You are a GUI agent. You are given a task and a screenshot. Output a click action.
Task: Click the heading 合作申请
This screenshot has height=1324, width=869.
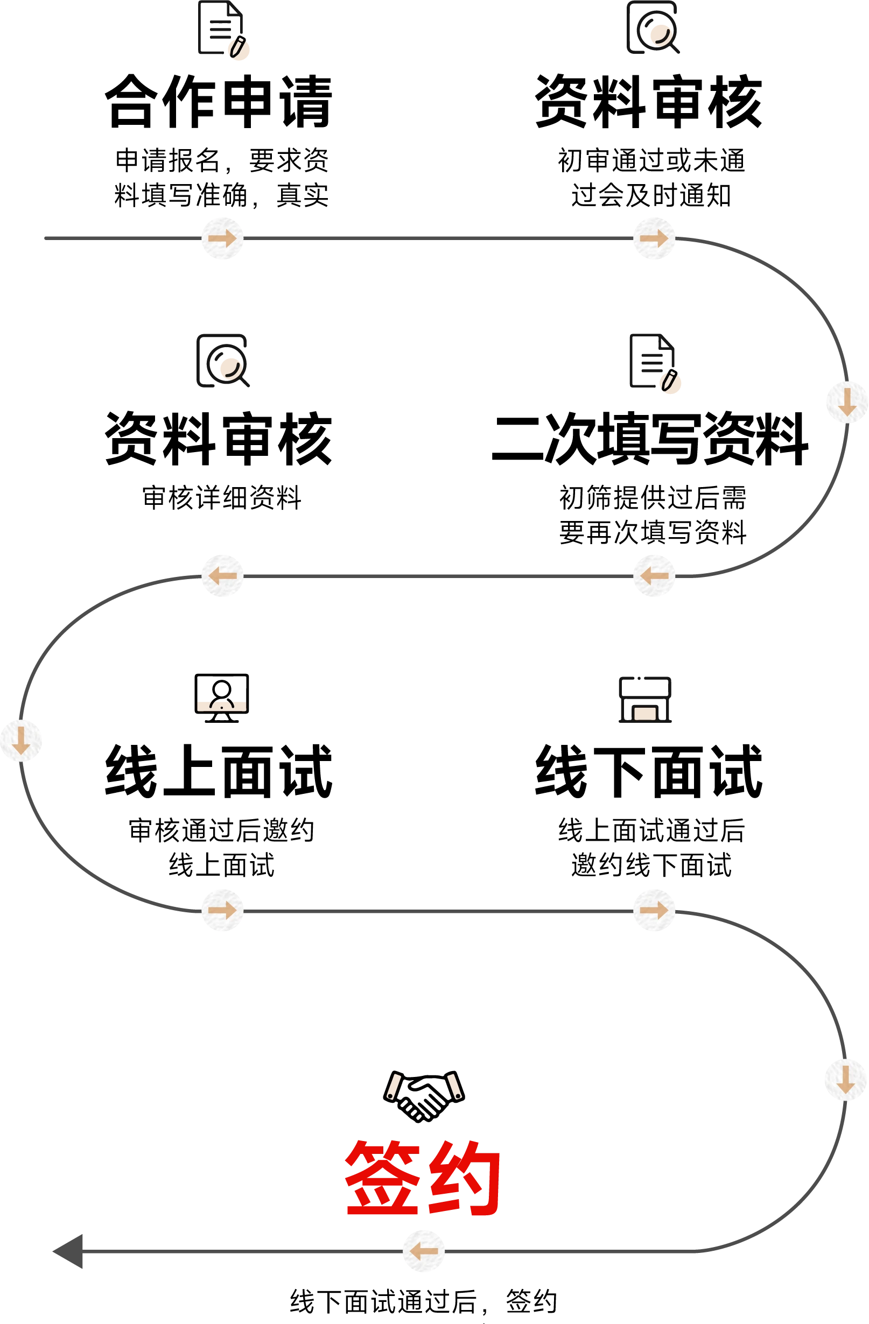pos(219,102)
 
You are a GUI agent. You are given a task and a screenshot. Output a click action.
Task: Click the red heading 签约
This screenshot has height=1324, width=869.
pos(423,1177)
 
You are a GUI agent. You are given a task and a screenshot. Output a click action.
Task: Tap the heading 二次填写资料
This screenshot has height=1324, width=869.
pos(650,439)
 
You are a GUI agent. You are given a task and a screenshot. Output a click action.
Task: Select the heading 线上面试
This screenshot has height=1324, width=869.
pos(219,772)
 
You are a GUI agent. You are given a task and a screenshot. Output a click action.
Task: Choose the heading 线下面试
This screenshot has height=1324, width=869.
pos(649,772)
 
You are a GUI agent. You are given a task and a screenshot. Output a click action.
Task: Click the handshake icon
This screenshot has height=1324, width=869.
pos(424,1096)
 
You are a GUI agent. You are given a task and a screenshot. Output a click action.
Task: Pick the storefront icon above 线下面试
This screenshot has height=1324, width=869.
pos(646,700)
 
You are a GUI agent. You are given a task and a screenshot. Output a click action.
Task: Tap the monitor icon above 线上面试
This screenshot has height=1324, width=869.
pos(221,698)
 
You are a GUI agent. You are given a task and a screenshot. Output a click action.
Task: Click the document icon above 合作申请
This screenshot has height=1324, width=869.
pos(223,30)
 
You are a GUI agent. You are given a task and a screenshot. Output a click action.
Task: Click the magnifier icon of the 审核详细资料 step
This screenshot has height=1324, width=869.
pos(222,361)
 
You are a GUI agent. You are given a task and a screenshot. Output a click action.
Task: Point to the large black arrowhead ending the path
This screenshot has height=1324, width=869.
pos(68,1251)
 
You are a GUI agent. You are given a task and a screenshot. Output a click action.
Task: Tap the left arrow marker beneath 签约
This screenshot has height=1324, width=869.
pos(424,1252)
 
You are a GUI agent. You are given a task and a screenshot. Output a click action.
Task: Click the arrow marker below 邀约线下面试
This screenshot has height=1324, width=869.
pos(654,910)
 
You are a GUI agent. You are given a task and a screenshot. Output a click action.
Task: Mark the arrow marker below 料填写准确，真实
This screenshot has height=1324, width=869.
pos(222,238)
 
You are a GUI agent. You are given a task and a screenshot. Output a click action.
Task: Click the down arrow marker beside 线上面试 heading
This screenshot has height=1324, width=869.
pos(21,741)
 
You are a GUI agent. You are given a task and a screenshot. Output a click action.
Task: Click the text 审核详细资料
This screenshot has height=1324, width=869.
pos(222,497)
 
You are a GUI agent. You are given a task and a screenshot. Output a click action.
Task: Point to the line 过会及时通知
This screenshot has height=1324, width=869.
pos(651,196)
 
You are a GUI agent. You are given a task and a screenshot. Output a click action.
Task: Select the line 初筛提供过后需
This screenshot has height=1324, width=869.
pos(652,497)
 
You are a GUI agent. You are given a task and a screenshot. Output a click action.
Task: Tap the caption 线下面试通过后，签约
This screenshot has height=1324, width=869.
pos(424,1302)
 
